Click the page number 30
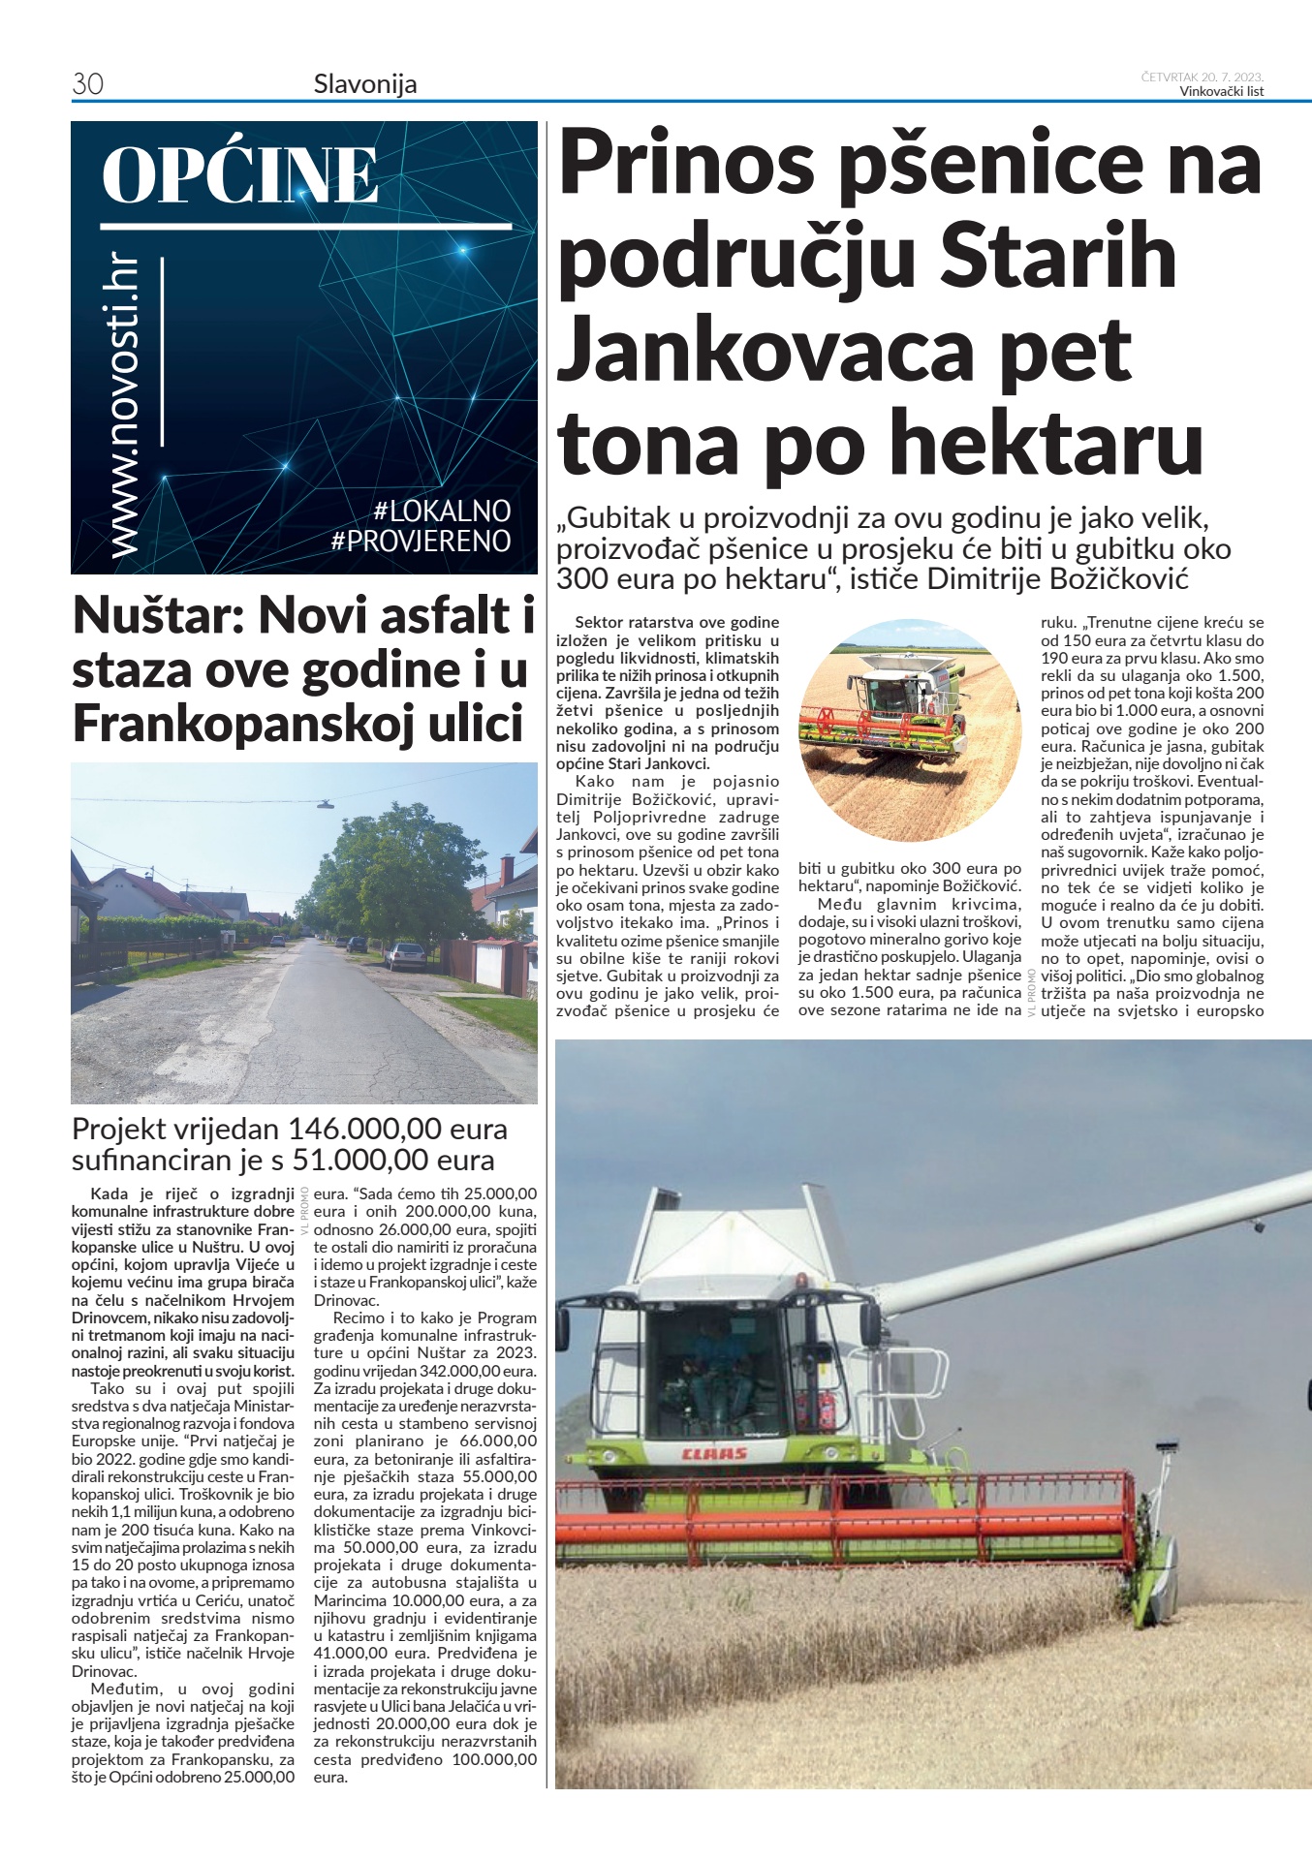(x=87, y=84)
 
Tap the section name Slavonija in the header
(x=365, y=84)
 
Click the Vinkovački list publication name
(x=1222, y=92)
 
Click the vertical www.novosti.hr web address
(x=126, y=407)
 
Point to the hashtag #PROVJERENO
(x=421, y=541)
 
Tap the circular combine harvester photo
(x=911, y=717)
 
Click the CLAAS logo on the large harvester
(x=715, y=1453)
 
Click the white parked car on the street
(x=405, y=955)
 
